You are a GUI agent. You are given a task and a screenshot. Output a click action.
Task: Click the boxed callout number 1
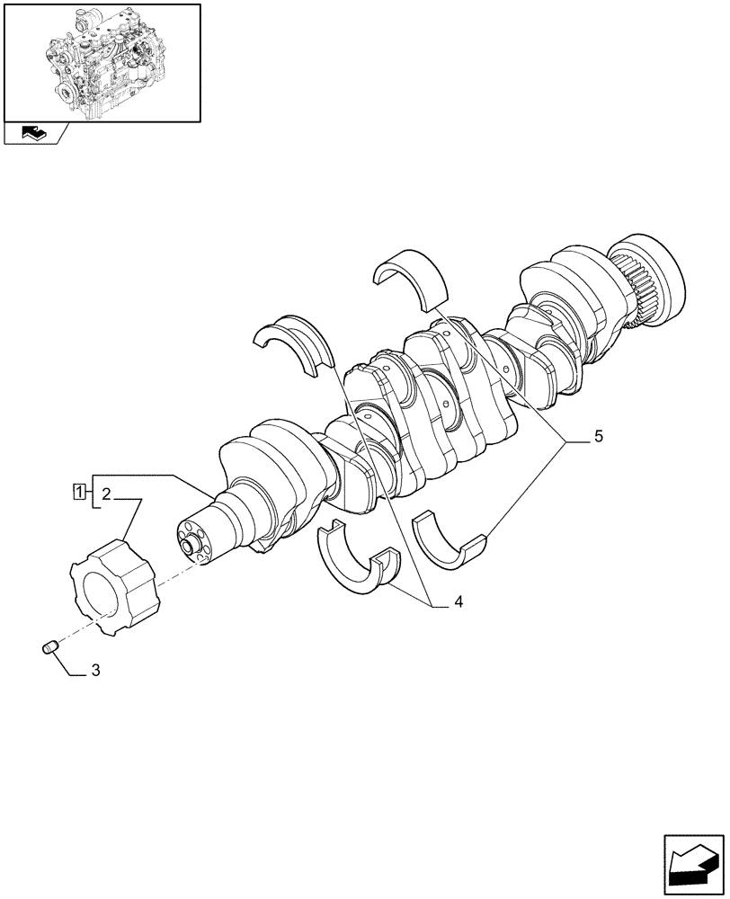click(x=81, y=492)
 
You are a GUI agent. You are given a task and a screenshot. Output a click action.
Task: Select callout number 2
click(x=106, y=493)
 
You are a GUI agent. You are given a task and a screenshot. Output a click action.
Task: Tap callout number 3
click(x=95, y=671)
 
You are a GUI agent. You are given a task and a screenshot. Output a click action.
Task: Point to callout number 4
click(x=458, y=601)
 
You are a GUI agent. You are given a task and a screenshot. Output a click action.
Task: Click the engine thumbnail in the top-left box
click(x=101, y=62)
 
